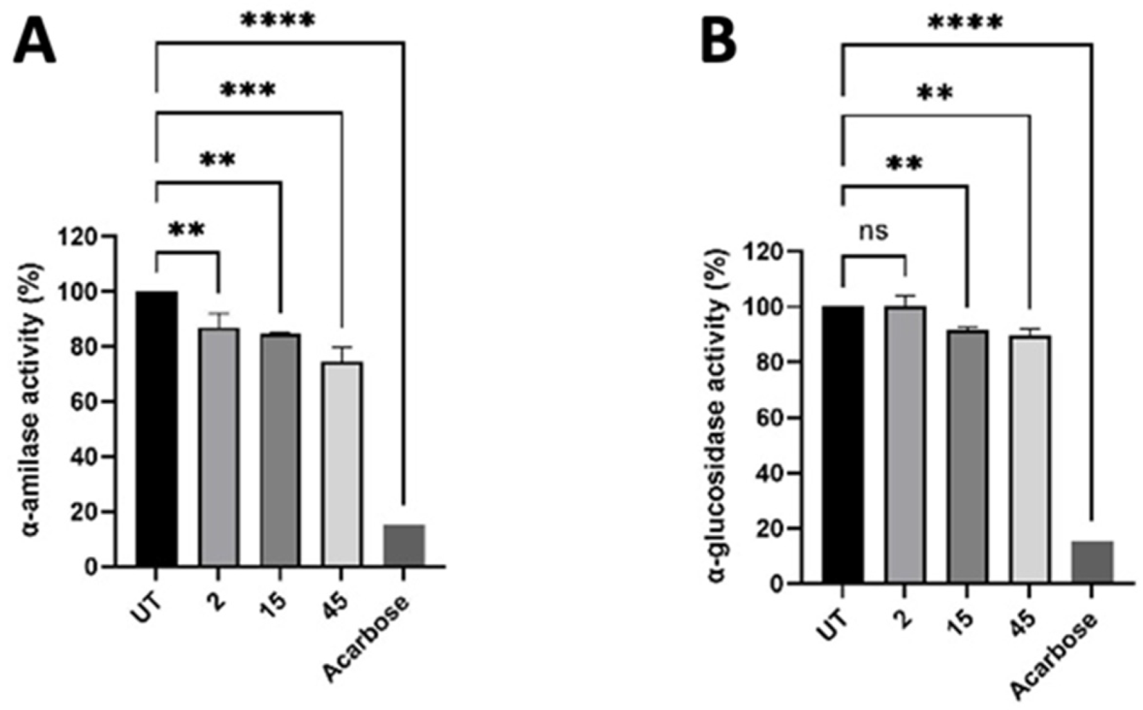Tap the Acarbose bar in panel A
tap(404, 545)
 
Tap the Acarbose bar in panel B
tap(1092, 562)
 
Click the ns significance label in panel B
tap(873, 231)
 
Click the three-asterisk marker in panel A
tap(248, 90)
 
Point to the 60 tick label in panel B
tap(773, 418)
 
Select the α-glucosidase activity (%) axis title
tap(720, 415)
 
